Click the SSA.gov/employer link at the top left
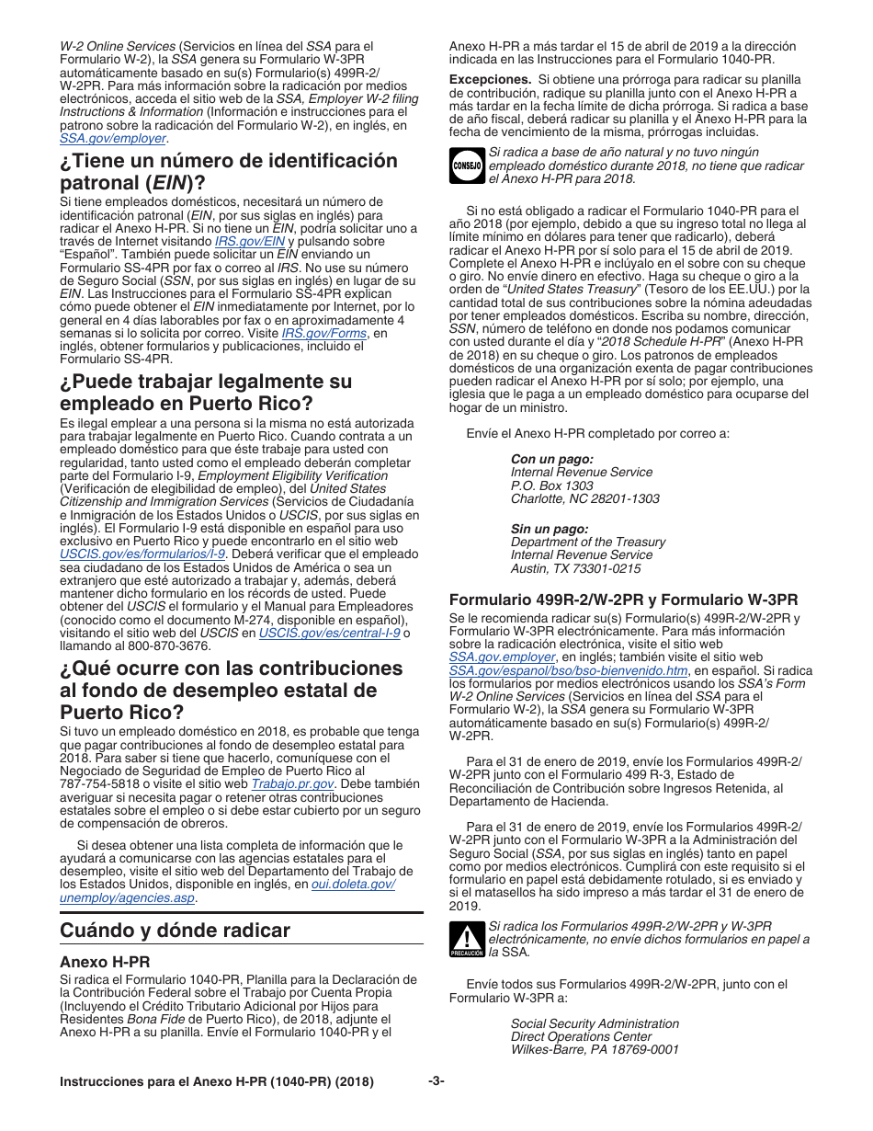pyautogui.click(x=112, y=138)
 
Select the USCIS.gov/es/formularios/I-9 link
pyautogui.click(x=142, y=554)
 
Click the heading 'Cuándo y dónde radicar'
pyautogui.click(x=175, y=930)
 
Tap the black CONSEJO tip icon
pyautogui.click(x=466, y=166)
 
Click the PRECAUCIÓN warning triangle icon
pyautogui.click(x=466, y=940)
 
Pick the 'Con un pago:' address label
pyautogui.click(x=551, y=459)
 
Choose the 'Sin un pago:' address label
pyautogui.click(x=550, y=529)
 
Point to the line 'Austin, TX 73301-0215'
pyautogui.click(x=575, y=568)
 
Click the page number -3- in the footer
pyautogui.click(x=436, y=1081)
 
